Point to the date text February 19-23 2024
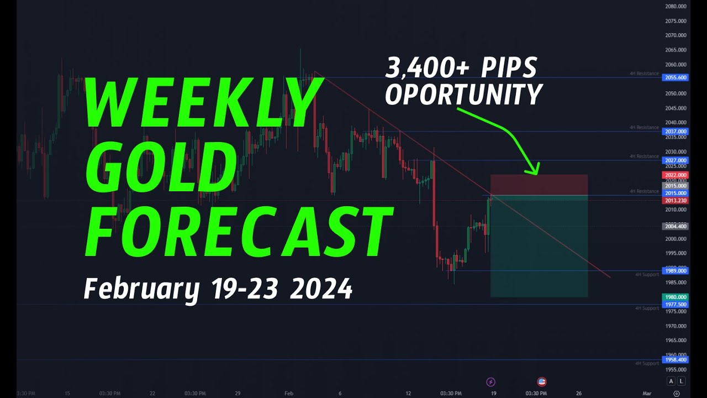(218, 289)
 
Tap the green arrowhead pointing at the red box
(534, 168)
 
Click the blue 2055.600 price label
(675, 77)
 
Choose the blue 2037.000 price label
(675, 132)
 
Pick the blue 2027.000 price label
(675, 160)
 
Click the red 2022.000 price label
(675, 175)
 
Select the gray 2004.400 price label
(675, 226)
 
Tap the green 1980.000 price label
(675, 297)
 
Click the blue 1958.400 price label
(675, 360)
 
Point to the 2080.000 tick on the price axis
(676, 7)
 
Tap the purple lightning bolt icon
(490, 381)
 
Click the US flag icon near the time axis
(542, 381)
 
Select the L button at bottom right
(681, 381)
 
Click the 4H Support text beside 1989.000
(647, 274)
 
